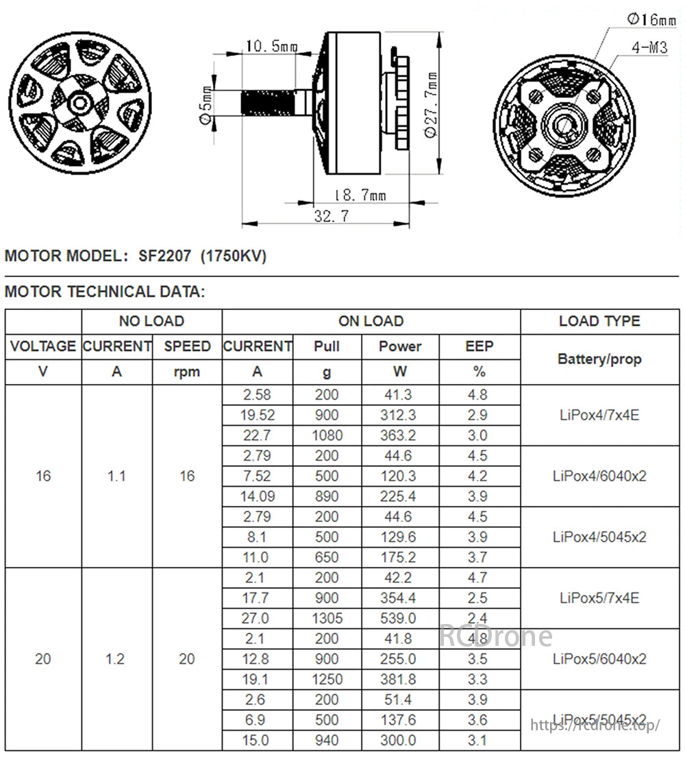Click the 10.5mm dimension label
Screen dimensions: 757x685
(272, 47)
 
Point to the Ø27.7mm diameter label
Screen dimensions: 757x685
(431, 104)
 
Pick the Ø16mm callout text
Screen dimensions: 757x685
(651, 19)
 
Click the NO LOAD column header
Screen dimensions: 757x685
(151, 321)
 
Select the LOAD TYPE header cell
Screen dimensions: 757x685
(599, 321)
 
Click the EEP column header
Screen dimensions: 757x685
(479, 346)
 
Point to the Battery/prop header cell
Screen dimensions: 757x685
(599, 359)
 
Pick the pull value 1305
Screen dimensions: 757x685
(327, 618)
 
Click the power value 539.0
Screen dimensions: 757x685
(399, 618)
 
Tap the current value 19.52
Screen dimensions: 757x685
(257, 415)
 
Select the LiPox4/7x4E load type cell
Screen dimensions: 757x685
(599, 415)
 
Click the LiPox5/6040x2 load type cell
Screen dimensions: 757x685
(599, 659)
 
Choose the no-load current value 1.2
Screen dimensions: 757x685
(116, 659)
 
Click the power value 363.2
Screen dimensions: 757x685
(399, 435)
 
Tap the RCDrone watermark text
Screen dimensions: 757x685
(495, 636)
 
